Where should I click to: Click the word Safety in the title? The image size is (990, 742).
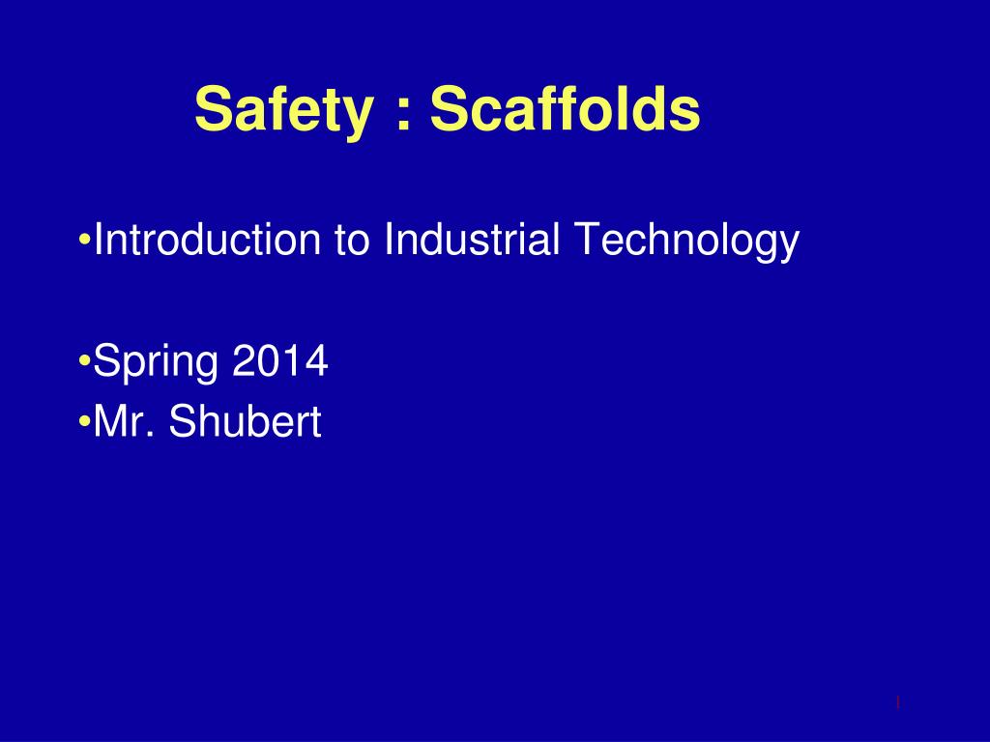pyautogui.click(x=283, y=110)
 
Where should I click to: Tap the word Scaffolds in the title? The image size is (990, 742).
pyautogui.click(x=565, y=107)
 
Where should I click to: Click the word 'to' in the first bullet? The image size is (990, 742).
pyautogui.click(x=352, y=241)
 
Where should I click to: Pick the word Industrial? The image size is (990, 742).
pyautogui.click(x=472, y=239)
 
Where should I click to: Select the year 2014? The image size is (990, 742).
pyautogui.click(x=280, y=360)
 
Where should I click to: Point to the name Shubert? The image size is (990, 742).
pyautogui.click(x=245, y=420)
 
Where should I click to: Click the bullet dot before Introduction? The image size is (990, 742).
pyautogui.click(x=85, y=240)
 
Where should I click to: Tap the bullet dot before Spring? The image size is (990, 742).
pyautogui.click(x=85, y=360)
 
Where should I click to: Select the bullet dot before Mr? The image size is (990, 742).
pyautogui.click(x=85, y=421)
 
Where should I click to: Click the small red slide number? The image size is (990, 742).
pyautogui.click(x=897, y=702)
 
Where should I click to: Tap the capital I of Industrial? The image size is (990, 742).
pyautogui.click(x=388, y=239)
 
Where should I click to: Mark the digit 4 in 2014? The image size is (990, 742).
pyautogui.click(x=316, y=360)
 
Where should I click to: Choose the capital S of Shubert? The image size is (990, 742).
pyautogui.click(x=183, y=420)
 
